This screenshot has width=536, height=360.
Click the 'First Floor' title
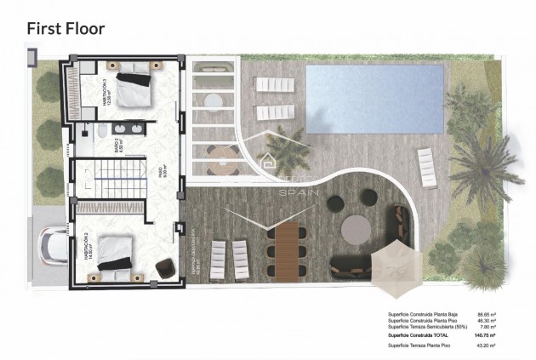[x=66, y=28]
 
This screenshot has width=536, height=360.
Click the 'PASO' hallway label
[x=163, y=174]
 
